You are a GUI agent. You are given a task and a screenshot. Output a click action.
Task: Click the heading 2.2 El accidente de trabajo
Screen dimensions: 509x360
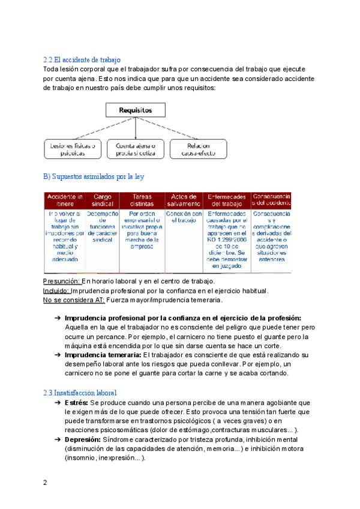point(82,60)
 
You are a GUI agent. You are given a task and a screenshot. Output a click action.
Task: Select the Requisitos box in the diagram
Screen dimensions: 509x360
point(135,110)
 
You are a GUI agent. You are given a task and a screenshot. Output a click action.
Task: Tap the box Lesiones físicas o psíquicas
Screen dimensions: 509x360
point(73,149)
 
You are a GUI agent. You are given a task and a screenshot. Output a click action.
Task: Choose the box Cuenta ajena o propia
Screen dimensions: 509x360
point(135,149)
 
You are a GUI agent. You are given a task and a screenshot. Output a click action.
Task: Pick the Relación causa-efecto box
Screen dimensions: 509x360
point(198,149)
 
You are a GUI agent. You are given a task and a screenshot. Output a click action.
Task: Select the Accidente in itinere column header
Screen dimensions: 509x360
point(65,200)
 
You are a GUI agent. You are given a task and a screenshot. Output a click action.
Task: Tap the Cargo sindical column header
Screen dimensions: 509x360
point(103,200)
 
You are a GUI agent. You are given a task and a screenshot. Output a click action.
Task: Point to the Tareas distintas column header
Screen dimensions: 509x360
point(142,200)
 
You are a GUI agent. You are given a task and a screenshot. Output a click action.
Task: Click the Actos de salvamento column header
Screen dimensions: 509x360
point(184,200)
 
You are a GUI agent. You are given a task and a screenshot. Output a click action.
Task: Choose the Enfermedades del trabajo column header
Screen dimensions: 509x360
point(226,200)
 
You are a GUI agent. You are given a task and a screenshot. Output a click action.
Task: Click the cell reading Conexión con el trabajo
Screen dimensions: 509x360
point(184,217)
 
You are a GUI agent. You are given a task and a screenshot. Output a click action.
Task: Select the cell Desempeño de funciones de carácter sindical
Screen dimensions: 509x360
point(103,226)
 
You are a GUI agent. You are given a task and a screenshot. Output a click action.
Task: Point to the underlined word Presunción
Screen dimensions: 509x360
point(62,281)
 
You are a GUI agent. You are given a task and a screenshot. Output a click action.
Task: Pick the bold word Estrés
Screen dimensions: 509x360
point(76,402)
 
